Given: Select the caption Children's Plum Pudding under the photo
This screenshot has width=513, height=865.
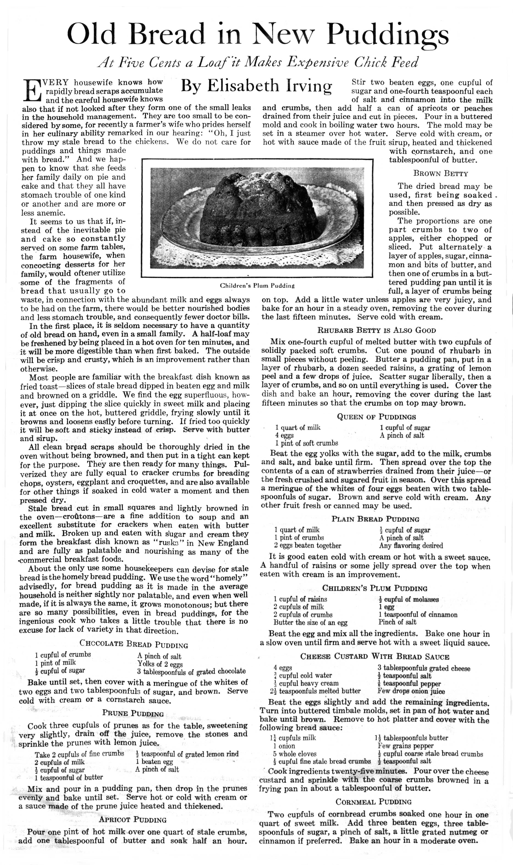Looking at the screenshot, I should pos(257,286).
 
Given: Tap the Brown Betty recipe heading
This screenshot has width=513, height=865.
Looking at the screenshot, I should pos(440,174).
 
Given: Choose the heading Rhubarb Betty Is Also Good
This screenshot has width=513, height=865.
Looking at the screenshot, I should pos(376,330).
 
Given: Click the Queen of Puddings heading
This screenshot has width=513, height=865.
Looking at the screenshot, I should pos(376,417).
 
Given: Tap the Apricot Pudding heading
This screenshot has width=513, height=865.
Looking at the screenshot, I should pos(133,819).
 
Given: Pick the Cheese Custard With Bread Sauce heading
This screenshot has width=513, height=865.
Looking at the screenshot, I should pos(374,657).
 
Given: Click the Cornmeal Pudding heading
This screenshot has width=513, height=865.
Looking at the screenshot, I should pos(373,802).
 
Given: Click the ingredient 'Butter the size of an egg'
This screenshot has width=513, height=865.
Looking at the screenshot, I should pos(310,623).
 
